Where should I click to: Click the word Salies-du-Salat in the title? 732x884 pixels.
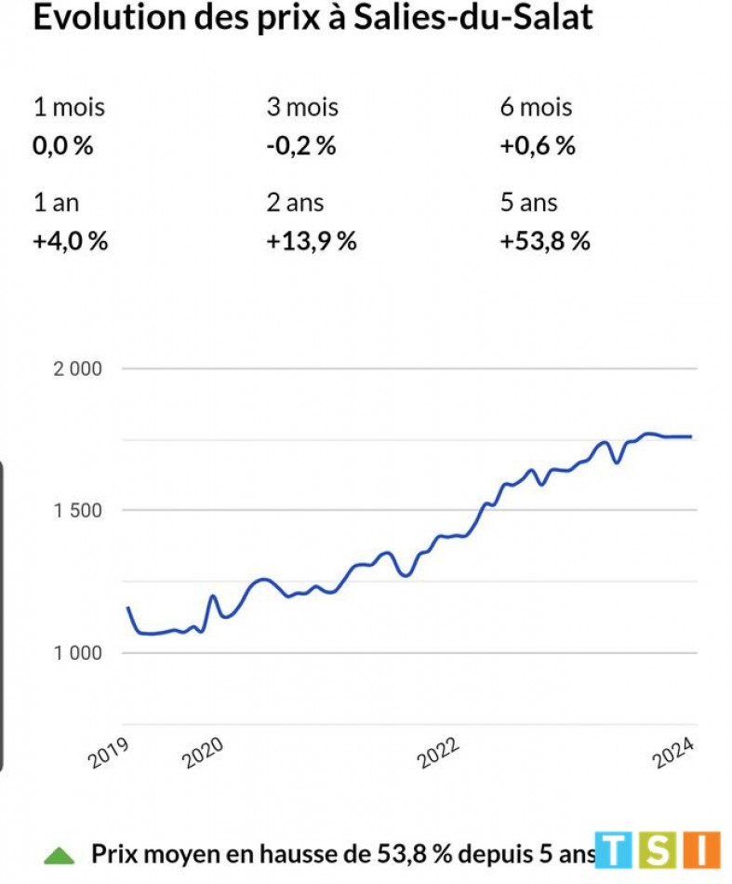472,17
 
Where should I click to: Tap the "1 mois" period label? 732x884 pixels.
69,107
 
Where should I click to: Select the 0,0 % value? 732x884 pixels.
63,146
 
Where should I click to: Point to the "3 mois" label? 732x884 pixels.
302,107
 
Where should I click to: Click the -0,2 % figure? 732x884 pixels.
300,146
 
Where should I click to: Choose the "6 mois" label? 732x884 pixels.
536,107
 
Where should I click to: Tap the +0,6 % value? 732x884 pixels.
538,146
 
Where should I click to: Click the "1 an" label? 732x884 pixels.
58,203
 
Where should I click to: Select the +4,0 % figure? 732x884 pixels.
71,241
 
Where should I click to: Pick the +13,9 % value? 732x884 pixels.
312,241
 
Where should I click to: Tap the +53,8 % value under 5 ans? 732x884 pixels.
545,241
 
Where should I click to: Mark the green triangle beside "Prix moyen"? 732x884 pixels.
60,853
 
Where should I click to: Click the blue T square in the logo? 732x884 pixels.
614,850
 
